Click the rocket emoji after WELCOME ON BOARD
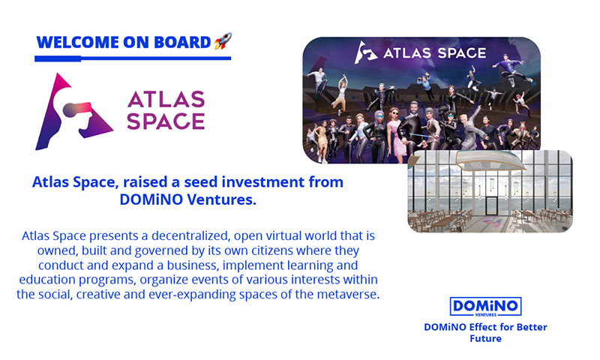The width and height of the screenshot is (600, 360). click(x=223, y=41)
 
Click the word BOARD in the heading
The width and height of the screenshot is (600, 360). click(x=182, y=43)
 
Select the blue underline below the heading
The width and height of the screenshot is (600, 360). click(x=133, y=58)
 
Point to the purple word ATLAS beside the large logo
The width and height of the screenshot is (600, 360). click(x=166, y=100)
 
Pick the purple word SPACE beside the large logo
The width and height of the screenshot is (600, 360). click(x=166, y=121)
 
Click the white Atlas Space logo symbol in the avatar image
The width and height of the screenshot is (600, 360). click(x=366, y=52)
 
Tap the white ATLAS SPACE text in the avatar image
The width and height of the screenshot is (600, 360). click(x=435, y=52)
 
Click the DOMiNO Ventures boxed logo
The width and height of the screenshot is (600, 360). click(x=485, y=307)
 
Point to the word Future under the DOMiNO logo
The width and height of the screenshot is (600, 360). click(x=485, y=338)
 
